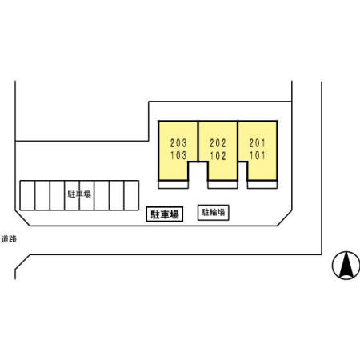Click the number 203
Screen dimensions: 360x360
(178, 143)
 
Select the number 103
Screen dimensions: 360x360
(178, 155)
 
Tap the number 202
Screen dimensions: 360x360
(218, 143)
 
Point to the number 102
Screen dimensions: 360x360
(218, 156)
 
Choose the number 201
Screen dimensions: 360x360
(257, 143)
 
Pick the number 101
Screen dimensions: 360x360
(257, 156)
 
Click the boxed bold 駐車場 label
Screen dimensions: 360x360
(165, 214)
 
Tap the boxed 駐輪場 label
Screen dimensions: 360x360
(213, 213)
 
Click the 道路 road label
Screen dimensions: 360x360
(9, 239)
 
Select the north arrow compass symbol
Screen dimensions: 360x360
(346, 265)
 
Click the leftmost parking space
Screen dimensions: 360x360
(27, 195)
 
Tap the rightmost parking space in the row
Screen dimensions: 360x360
(131, 195)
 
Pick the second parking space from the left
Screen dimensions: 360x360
(42, 195)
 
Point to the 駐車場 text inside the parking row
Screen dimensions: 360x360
(79, 194)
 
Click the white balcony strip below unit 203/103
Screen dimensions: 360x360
(174, 185)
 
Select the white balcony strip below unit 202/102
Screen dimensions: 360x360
(222, 185)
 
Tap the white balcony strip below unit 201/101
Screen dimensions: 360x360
(262, 185)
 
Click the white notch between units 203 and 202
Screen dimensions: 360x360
(198, 171)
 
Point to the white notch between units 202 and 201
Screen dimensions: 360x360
(242, 171)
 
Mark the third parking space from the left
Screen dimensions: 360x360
(58, 195)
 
